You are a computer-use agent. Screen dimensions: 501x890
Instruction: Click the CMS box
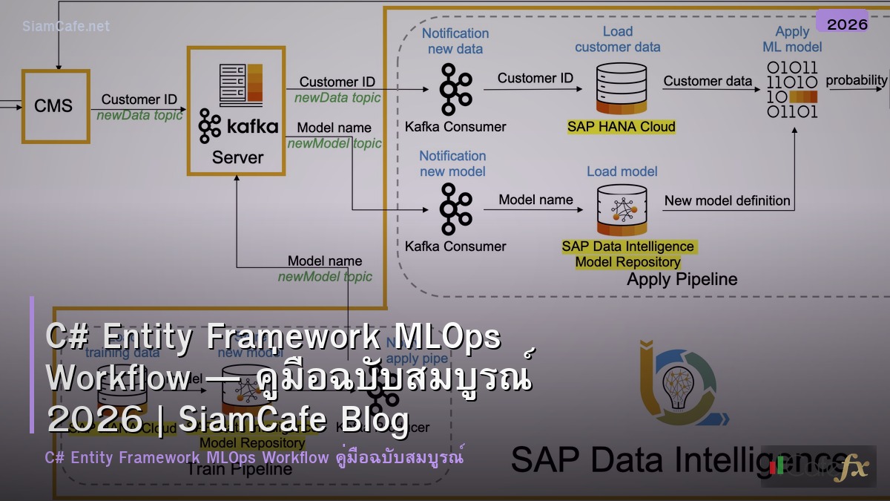(x=55, y=105)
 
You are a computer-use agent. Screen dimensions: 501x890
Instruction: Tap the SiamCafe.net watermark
(x=66, y=26)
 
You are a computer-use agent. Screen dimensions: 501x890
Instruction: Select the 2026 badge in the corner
(x=846, y=24)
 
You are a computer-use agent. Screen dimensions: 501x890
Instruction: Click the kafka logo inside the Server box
(x=238, y=126)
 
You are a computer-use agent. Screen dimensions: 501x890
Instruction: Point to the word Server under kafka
(x=237, y=157)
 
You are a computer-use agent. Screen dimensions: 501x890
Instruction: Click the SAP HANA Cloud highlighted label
(x=622, y=127)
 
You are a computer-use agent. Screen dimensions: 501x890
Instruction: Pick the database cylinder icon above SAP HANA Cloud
(x=621, y=87)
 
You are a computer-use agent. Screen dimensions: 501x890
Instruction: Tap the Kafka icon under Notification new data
(x=455, y=89)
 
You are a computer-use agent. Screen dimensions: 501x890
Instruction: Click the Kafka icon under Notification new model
(x=455, y=209)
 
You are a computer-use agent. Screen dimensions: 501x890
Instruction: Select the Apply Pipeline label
(x=682, y=280)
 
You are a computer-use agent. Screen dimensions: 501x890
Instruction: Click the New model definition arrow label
(x=727, y=200)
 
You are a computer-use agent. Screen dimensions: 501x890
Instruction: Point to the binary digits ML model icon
(x=791, y=90)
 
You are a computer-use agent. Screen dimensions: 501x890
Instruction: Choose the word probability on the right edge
(x=856, y=80)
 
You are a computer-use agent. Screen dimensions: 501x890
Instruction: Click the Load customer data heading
(x=617, y=39)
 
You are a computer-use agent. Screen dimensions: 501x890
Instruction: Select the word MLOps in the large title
(x=447, y=338)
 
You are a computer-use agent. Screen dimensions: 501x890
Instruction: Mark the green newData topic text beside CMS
(x=139, y=115)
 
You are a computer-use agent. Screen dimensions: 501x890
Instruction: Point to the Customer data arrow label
(x=708, y=81)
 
